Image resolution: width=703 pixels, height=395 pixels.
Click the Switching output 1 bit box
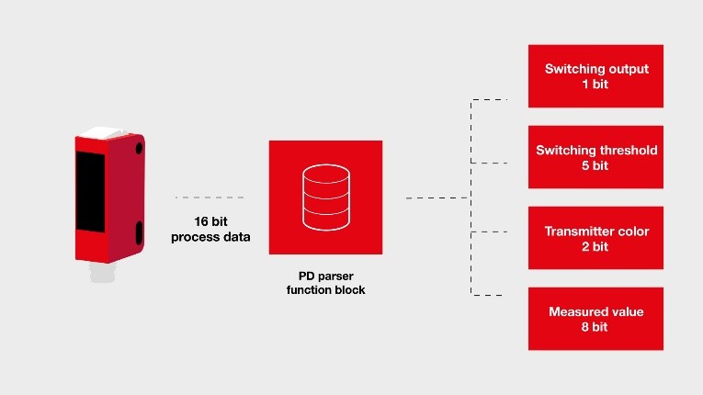[595, 76]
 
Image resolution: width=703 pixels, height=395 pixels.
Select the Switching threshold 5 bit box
[595, 157]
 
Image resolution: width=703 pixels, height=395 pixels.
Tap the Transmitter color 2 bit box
[595, 238]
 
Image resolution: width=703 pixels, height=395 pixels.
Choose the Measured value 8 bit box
[595, 319]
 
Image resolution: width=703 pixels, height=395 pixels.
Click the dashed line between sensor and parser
[210, 197]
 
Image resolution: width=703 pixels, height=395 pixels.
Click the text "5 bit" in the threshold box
[595, 165]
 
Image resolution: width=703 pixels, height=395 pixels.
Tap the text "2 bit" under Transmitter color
[595, 246]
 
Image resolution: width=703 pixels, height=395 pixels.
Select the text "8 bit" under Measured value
[595, 327]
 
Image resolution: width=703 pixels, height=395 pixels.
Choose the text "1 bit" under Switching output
[595, 85]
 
